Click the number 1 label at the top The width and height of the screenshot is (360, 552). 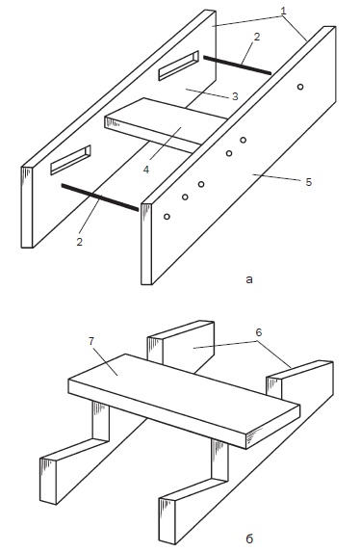pos(283,11)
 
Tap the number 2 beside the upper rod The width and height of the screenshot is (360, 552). pos(257,37)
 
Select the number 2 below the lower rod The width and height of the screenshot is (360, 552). pos(80,242)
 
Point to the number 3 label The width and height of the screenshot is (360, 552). pos(236,96)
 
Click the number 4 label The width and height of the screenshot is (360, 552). pos(146,170)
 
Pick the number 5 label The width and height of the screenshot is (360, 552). pos(309,182)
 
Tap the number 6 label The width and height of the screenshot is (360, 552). pos(259,332)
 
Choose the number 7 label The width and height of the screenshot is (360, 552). pos(91,341)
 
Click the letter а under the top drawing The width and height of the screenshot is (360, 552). pos(249,280)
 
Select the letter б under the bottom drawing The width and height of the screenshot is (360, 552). pos(249,539)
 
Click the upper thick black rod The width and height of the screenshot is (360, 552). pos(237,65)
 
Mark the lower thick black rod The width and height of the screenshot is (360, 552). pos(100,197)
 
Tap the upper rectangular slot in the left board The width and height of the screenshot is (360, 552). pos(178,66)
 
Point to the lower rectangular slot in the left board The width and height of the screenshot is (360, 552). pos(70,160)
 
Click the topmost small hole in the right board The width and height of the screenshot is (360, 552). pos(300,87)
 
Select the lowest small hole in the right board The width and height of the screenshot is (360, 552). pos(167,217)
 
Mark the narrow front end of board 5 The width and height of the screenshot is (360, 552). pos(146,244)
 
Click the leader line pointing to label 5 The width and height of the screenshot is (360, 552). pos(276,177)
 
